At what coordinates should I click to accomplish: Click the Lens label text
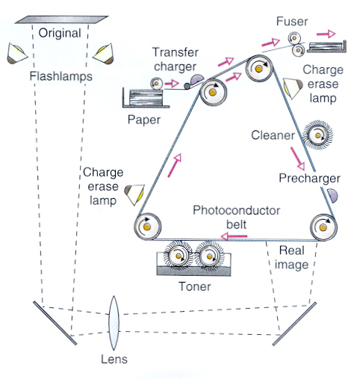pos(114,359)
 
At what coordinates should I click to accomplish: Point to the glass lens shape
pos(114,323)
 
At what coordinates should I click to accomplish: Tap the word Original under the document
pos(60,34)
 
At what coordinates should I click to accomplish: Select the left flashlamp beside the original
pos(16,54)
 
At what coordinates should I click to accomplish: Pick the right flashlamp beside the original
pos(103,54)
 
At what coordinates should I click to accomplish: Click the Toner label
pos(195,286)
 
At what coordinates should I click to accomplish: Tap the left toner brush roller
pos(179,256)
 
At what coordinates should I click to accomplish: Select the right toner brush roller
pos(209,256)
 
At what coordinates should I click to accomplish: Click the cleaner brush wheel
pos(318,135)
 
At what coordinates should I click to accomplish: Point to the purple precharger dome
pos(332,195)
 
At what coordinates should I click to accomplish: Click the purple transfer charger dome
pos(196,79)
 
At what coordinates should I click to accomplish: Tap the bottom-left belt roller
pos(147,227)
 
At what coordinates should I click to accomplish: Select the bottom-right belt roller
pos(323,227)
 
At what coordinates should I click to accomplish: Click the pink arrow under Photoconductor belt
pos(234,236)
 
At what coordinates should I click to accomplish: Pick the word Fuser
pos(292,22)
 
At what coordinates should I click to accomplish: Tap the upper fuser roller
pos(294,38)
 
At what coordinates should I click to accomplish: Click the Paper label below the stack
pos(144,120)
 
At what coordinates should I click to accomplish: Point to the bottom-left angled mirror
pos(55,323)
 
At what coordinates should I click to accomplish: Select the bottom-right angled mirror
pos(294,324)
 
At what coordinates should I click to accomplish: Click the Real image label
pos(291,258)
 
